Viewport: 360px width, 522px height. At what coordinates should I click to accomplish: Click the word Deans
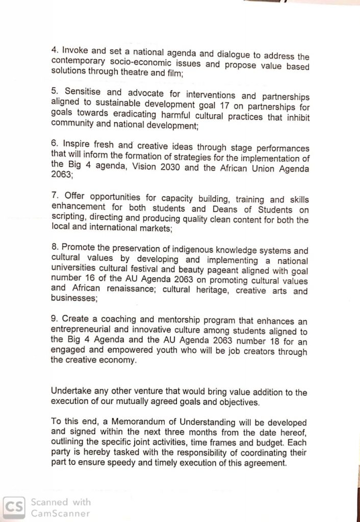(225, 210)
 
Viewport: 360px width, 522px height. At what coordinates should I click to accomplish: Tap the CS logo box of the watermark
(14, 507)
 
